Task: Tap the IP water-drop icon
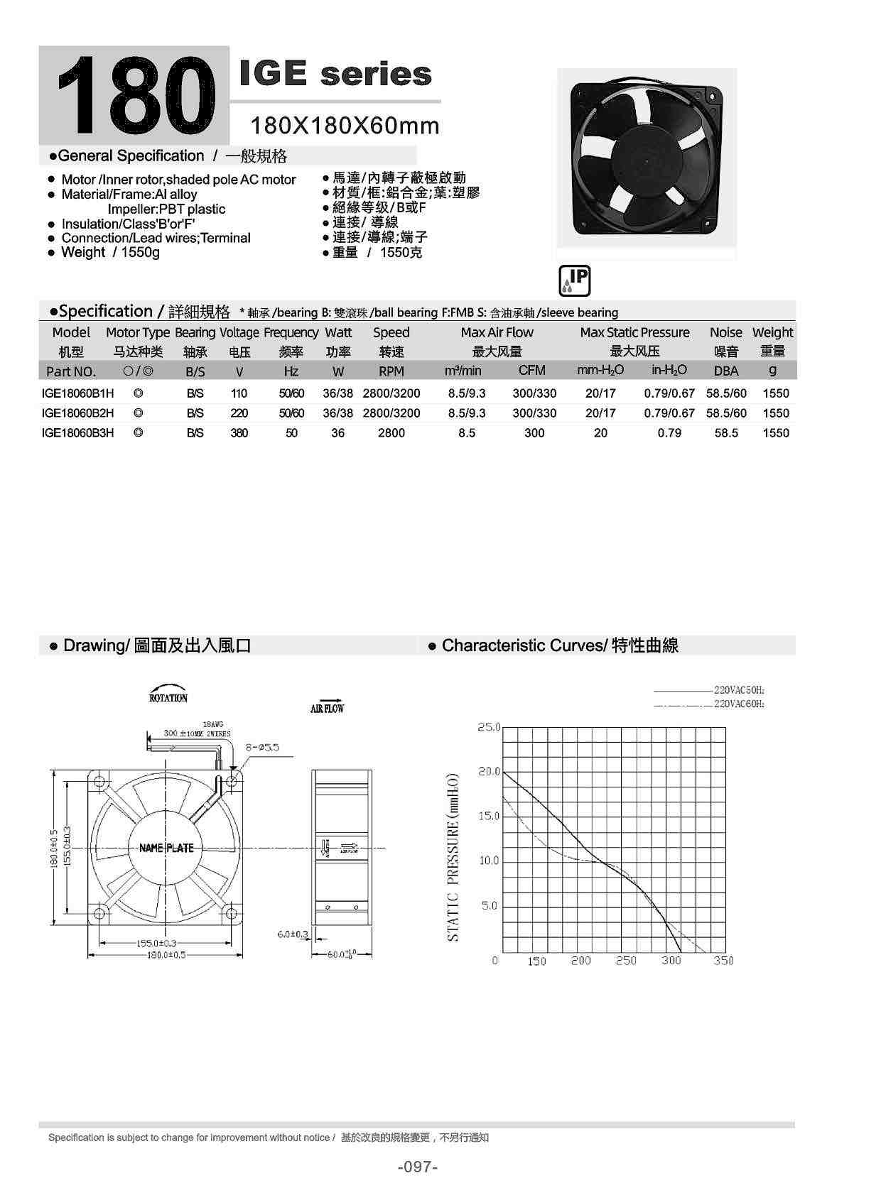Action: click(575, 281)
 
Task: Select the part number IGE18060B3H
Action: click(77, 432)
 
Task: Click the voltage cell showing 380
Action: click(239, 432)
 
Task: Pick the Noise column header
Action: click(725, 332)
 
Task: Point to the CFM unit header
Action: click(532, 370)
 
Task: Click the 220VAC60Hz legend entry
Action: click(739, 704)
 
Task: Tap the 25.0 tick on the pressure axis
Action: click(489, 727)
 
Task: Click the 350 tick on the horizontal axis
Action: click(723, 961)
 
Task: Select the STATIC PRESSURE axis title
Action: click(453, 858)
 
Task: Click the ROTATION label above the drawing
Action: click(168, 698)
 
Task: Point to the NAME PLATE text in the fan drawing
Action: click(166, 848)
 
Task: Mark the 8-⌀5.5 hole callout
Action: click(262, 747)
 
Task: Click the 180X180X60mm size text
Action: click(345, 126)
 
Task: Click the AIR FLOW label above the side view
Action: click(328, 708)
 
